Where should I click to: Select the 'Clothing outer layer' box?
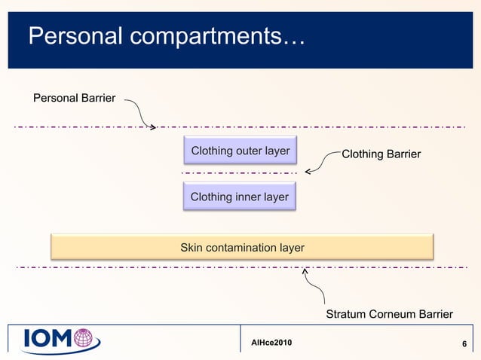tap(240, 151)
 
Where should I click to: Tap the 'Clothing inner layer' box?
tap(240, 197)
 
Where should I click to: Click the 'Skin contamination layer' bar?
tap(242, 247)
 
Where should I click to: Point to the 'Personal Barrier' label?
tap(75, 97)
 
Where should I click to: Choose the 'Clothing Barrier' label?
tap(381, 154)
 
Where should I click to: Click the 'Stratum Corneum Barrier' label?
tap(389, 314)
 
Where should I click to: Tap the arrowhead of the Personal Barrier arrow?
tap(153, 126)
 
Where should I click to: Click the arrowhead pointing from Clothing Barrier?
tap(308, 172)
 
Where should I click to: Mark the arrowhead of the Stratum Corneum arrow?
tap(305, 269)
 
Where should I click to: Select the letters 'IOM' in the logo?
tap(47, 340)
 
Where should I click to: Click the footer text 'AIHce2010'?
tap(271, 343)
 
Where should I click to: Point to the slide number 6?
tap(464, 345)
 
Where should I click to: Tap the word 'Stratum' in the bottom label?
tap(346, 314)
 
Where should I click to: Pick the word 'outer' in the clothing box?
tap(247, 151)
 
